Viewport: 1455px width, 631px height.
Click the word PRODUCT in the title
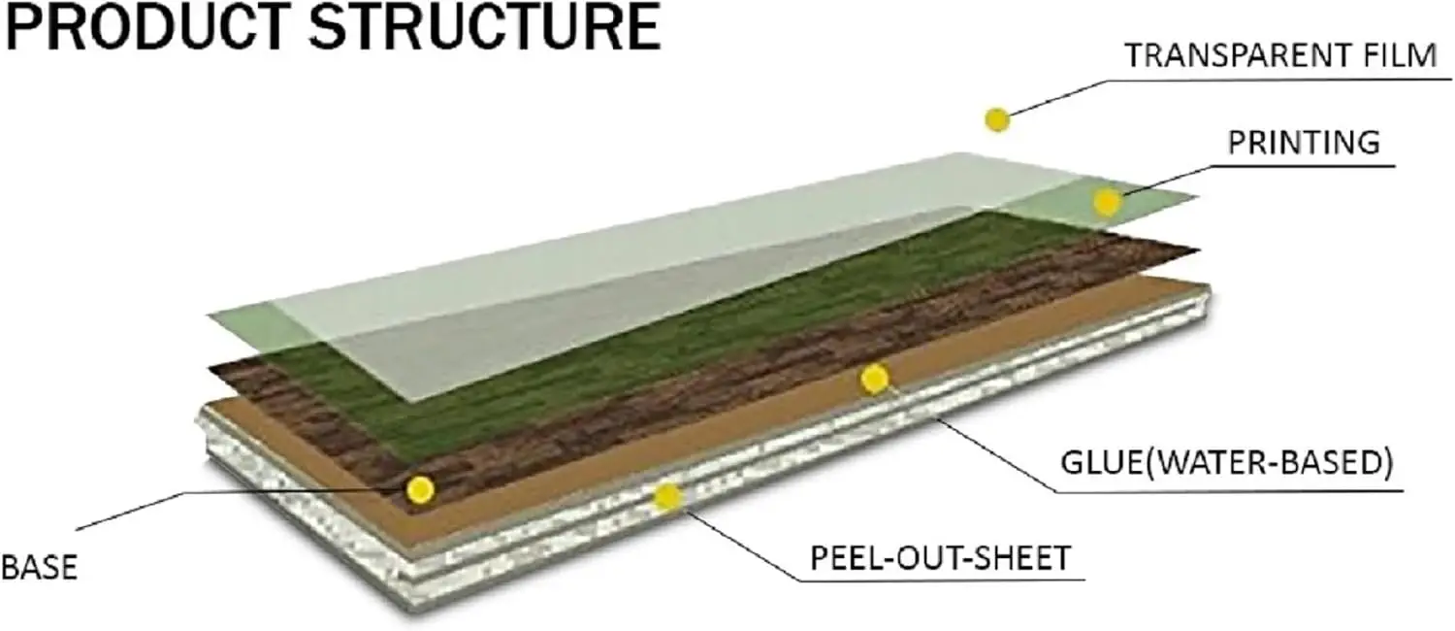(x=147, y=27)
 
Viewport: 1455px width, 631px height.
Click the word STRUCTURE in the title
(x=485, y=27)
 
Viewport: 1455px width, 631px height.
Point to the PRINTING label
(x=1304, y=143)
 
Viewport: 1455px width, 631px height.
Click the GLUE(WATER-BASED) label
(x=1226, y=463)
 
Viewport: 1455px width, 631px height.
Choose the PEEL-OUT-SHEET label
(x=941, y=558)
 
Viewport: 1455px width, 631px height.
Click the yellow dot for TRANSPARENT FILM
(x=997, y=119)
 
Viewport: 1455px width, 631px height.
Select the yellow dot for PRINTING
(x=1107, y=202)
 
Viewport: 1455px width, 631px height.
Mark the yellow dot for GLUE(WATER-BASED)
(x=874, y=379)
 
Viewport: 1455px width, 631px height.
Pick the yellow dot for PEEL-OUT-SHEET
(x=667, y=497)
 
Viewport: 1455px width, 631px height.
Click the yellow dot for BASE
(x=420, y=489)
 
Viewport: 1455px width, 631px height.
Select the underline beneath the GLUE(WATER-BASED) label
(x=1228, y=491)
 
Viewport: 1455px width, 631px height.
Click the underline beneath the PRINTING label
(x=1305, y=167)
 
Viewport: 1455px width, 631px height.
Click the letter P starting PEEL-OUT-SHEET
(x=819, y=558)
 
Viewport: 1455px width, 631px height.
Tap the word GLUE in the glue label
(x=1099, y=463)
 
